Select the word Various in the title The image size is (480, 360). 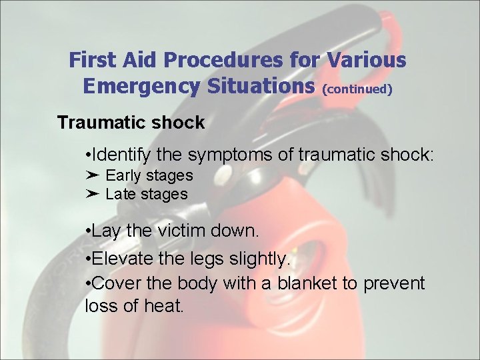pyautogui.click(x=366, y=61)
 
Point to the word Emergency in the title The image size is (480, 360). pyautogui.click(x=133, y=86)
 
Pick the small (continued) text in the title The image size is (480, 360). pyautogui.click(x=357, y=88)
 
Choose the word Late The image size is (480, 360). pyautogui.click(x=119, y=194)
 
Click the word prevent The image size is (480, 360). pyautogui.click(x=394, y=283)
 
